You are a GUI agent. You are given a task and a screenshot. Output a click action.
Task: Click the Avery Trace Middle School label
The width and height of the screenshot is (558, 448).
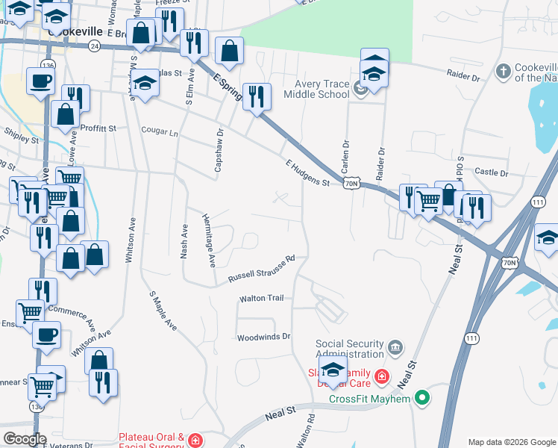(322, 89)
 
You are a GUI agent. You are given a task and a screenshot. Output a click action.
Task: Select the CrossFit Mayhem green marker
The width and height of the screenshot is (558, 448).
(423, 399)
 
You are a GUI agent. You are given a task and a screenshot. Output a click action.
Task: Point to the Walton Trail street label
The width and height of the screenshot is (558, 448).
(261, 298)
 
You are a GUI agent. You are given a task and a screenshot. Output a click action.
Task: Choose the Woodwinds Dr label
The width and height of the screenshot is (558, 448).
(263, 337)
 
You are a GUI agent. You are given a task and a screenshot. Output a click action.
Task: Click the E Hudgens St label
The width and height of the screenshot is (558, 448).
(307, 172)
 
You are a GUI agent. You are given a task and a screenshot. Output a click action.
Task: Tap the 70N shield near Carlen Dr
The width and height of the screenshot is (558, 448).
(353, 182)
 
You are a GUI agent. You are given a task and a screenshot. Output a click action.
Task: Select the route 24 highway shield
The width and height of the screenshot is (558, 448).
(94, 46)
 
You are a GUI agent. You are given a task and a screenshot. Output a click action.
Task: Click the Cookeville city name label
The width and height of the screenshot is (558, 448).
(75, 33)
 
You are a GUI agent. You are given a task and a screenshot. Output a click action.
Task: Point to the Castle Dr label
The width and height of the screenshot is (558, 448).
(491, 172)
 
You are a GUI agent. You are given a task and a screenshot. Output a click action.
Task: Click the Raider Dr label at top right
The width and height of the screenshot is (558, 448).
(467, 75)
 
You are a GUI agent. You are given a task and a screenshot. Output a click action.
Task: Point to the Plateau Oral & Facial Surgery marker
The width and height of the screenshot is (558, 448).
(195, 440)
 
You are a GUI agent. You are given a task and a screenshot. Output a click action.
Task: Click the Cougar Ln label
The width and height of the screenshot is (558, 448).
(160, 132)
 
